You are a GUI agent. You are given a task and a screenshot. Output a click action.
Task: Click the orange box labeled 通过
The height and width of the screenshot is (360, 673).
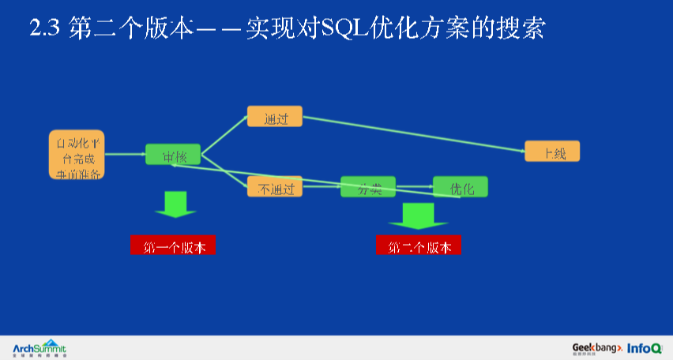tap(274, 117)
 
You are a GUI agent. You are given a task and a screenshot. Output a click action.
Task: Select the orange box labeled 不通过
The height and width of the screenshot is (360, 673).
tap(274, 187)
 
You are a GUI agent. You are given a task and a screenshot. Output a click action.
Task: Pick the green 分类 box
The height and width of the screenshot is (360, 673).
tap(367, 187)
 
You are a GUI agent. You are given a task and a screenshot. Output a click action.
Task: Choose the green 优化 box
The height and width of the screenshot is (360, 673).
tap(460, 187)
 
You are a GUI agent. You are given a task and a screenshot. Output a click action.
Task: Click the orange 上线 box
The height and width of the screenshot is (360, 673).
tap(551, 152)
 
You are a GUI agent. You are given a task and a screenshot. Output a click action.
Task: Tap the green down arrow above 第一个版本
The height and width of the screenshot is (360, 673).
tap(175, 204)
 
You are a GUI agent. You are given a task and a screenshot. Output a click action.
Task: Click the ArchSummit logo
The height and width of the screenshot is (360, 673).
tap(39, 347)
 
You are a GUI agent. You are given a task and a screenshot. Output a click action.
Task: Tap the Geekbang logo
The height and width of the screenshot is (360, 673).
tap(597, 347)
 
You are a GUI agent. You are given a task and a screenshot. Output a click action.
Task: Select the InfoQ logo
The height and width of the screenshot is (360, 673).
tap(645, 347)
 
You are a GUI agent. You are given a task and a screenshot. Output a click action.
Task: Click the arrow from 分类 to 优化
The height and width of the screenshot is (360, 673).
tap(414, 187)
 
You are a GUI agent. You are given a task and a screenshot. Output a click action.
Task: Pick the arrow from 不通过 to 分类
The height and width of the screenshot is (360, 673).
tap(321, 186)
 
